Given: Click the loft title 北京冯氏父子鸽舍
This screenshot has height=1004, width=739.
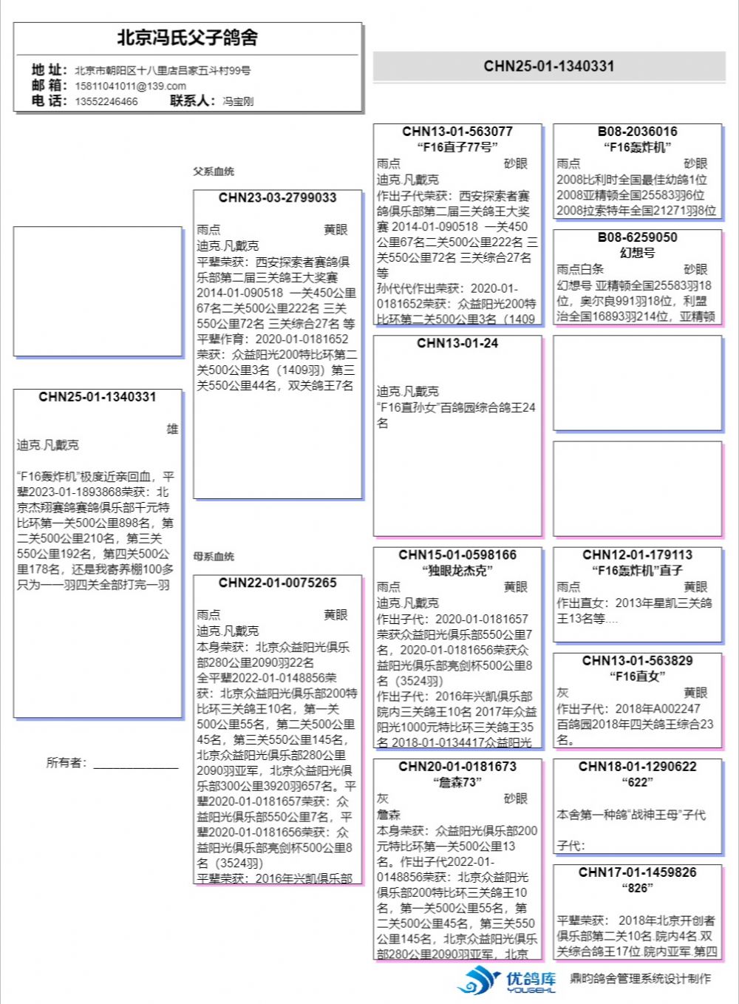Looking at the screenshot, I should (187, 38).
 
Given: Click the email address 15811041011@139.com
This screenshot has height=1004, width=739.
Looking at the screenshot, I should (130, 86).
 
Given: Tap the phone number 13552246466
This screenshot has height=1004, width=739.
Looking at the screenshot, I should (106, 101).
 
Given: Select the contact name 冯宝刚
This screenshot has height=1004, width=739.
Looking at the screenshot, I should (238, 101).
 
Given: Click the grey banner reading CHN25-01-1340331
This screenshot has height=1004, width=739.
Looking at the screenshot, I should (548, 66).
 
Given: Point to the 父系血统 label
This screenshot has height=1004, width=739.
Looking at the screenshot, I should (214, 172).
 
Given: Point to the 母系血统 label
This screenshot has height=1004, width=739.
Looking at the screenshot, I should (214, 556).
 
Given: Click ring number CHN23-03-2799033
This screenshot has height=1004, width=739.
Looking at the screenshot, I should (277, 197).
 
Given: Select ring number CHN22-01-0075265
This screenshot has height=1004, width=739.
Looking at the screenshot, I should (277, 583).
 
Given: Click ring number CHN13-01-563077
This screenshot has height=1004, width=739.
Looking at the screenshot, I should (457, 132).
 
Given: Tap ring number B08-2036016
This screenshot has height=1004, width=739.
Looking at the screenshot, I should (637, 132).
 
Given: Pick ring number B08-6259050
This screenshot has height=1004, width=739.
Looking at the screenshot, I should (637, 237).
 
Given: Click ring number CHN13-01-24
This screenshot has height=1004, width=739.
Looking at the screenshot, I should (457, 343).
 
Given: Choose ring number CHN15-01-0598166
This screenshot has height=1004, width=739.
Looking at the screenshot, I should (457, 554).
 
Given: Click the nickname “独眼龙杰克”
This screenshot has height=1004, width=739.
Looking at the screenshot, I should (457, 570).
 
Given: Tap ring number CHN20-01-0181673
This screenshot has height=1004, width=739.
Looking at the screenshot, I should (457, 766).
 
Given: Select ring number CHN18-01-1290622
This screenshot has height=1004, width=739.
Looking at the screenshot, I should (637, 766).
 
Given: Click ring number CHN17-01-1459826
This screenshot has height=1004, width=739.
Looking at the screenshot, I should (637, 872).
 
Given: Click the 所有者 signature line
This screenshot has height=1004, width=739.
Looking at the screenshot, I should (135, 766).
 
